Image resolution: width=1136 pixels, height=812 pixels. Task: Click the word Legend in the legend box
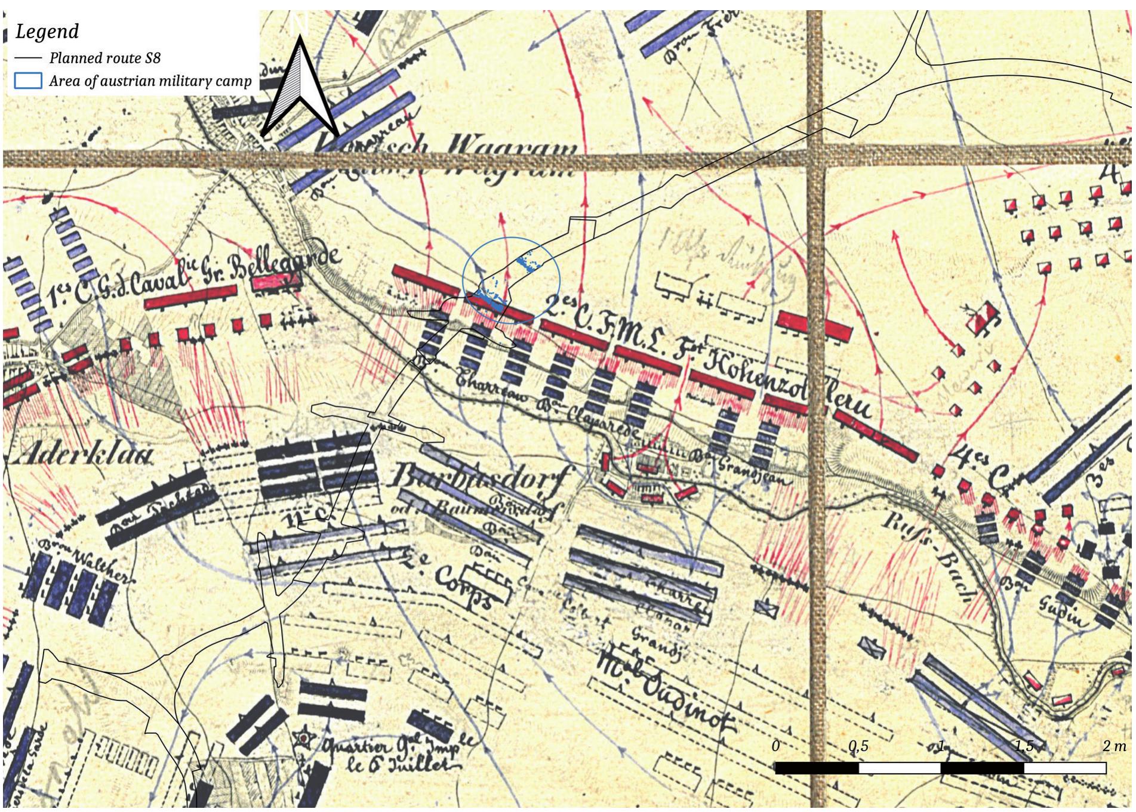[47, 31]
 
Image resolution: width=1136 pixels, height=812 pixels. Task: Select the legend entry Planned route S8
[104, 58]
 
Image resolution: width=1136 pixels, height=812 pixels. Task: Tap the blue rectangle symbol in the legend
[28, 81]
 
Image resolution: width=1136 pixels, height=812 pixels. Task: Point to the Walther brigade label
[98, 564]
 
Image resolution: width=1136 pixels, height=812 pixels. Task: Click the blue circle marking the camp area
[512, 239]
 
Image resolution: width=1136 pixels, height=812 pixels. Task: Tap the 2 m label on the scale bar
[1114, 746]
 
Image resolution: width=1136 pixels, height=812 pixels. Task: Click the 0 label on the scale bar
[775, 746]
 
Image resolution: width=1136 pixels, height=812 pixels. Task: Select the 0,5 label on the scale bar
[858, 746]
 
